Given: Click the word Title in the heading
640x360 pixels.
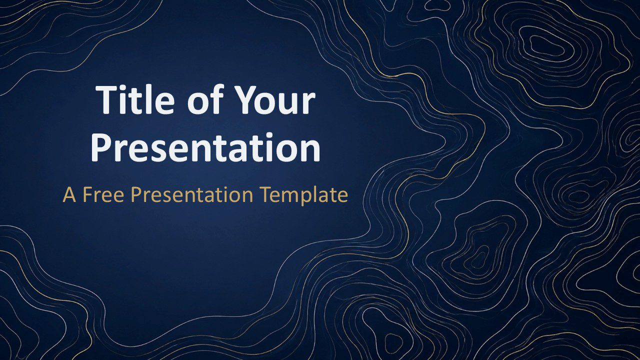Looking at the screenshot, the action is tap(135, 99).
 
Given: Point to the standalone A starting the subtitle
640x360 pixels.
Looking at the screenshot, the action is tap(69, 195).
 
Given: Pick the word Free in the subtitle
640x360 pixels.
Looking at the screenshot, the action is tap(103, 195).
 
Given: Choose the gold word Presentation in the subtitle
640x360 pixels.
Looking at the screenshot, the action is tap(192, 195).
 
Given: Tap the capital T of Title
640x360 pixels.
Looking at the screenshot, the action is tap(107, 99).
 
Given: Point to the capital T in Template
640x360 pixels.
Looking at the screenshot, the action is tap(265, 195).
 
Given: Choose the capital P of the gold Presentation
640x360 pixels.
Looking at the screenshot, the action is tap(136, 195).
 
